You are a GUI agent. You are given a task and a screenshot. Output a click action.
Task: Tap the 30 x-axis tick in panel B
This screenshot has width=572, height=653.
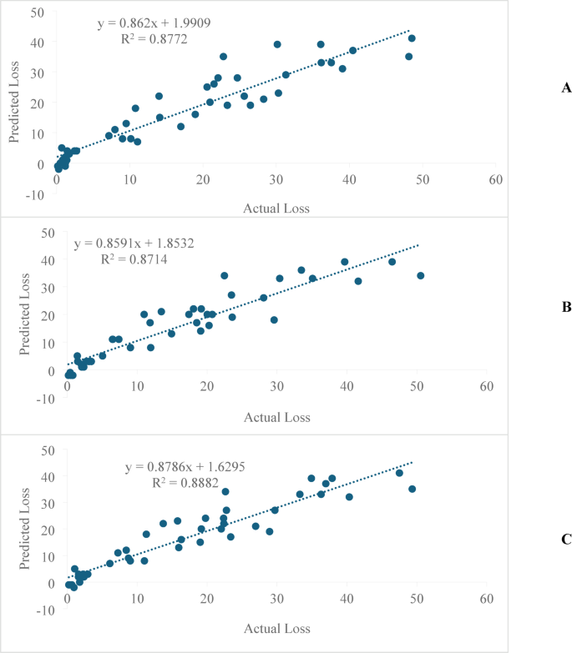click(x=276, y=387)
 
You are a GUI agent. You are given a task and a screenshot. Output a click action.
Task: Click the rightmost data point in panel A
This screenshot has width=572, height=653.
click(x=412, y=38)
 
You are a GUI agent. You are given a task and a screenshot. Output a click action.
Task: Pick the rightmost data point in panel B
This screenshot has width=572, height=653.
click(x=421, y=275)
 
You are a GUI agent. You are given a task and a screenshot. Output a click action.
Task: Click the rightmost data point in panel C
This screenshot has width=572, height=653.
click(x=412, y=489)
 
